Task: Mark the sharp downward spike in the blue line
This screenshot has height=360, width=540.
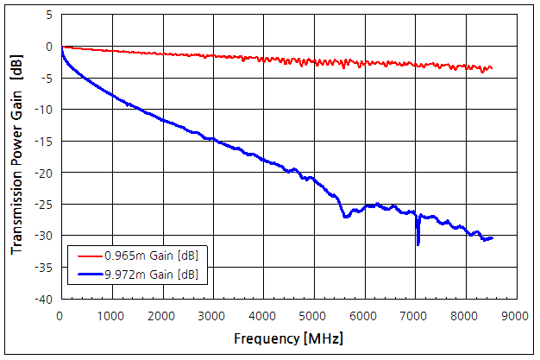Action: (x=418, y=243)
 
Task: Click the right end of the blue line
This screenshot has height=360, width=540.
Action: (x=492, y=237)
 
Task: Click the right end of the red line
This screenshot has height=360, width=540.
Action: (x=492, y=68)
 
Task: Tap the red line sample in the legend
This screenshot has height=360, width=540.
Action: (x=88, y=256)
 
